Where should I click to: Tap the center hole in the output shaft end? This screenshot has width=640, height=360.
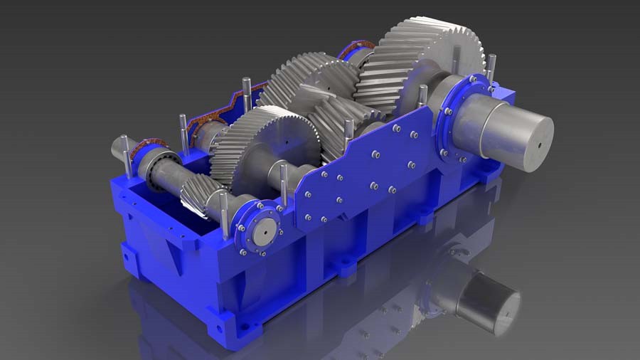[x=540, y=145]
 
